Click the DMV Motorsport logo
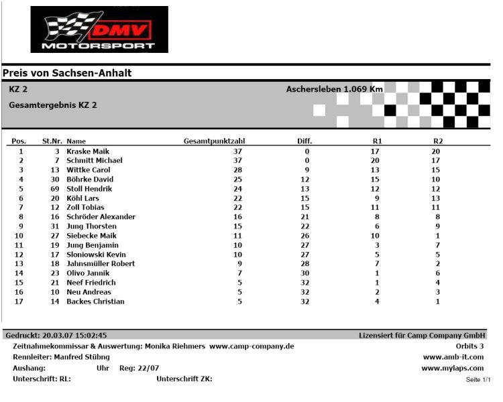point(99,29)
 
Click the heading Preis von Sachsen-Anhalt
point(67,73)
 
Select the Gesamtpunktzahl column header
point(214,141)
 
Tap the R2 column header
point(438,141)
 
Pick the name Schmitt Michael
point(95,161)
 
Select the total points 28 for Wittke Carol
point(237,170)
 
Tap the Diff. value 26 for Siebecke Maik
point(305,236)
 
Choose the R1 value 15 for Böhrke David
point(375,180)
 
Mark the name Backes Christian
point(95,301)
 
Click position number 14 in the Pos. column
point(19,273)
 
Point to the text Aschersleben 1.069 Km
point(335,89)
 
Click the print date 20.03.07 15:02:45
point(74,335)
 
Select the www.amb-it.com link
point(453,357)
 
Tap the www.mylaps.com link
point(452,368)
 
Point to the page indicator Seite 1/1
point(478,380)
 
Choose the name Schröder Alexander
point(101,217)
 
